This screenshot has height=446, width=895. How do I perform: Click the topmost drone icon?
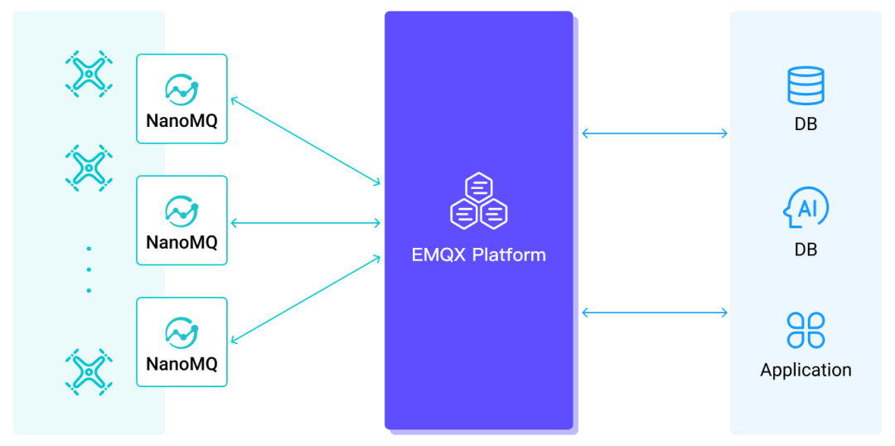pos(88,74)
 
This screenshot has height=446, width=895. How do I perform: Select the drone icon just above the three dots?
pos(88,168)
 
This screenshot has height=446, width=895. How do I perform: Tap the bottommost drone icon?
pos(88,370)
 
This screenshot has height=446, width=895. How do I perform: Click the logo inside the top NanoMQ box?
pos(181,88)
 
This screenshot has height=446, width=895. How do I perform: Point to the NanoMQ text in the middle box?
pos(181,242)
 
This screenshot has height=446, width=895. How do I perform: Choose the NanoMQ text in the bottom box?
pos(181,364)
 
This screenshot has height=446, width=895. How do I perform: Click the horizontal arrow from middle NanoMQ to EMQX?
pos(305,222)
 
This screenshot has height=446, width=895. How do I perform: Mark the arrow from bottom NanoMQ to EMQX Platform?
pos(305,299)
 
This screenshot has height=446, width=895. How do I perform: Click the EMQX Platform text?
pos(478,255)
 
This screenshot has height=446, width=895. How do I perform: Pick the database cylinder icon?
pos(805,85)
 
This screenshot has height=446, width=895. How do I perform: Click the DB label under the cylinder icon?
pos(805,125)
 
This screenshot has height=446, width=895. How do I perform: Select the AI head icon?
pos(805,209)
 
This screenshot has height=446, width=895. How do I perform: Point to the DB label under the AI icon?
pos(805,250)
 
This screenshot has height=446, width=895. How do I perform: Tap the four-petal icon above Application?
pos(805,330)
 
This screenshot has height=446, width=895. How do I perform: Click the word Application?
pos(805,370)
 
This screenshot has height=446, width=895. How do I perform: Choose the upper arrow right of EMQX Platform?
pos(655,133)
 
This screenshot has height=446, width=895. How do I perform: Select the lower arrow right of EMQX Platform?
pos(655,313)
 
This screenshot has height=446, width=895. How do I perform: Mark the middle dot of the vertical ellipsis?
pos(89,269)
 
